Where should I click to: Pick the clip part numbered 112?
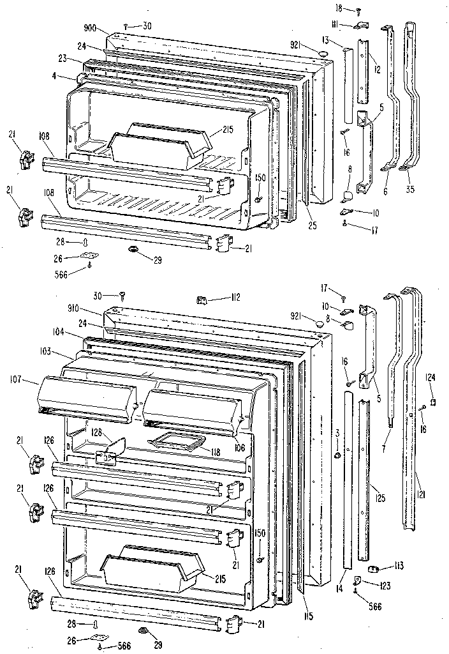click(202, 298)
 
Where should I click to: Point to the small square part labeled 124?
click(432, 402)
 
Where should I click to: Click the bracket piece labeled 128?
click(113, 444)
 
